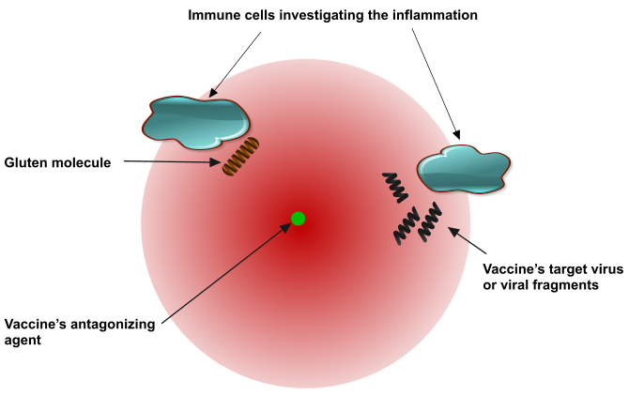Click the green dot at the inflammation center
[298, 219]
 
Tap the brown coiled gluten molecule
[239, 157]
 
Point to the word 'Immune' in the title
[210, 15]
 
